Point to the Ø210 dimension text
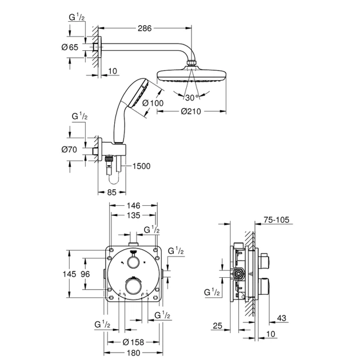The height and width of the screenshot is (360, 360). point(190,112)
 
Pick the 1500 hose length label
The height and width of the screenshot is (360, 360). point(141,166)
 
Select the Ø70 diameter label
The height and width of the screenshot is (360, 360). point(70,150)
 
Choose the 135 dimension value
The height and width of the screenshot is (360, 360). point(133,217)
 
